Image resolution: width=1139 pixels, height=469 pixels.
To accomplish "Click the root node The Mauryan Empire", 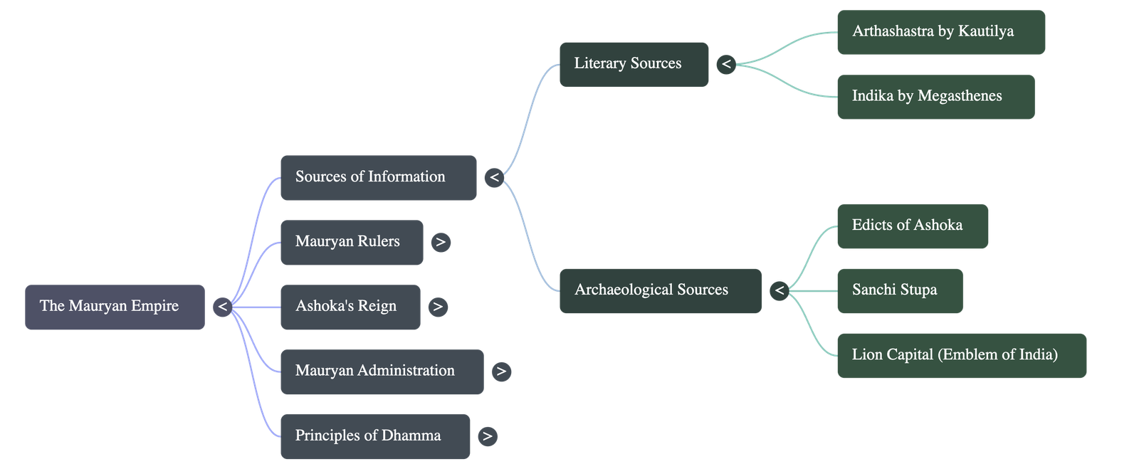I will pyautogui.click(x=115, y=307).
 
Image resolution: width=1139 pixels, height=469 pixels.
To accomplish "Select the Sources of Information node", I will pyautogui.click(x=378, y=177).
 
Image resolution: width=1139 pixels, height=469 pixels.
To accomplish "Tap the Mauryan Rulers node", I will pyautogui.click(x=352, y=242).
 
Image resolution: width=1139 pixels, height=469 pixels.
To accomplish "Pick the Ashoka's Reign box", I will pyautogui.click(x=350, y=307).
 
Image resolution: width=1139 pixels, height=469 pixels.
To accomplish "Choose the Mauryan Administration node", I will pyautogui.click(x=382, y=371).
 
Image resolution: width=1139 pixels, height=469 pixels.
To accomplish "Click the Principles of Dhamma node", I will pyautogui.click(x=375, y=436).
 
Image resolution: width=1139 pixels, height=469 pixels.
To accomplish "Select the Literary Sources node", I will pyautogui.click(x=634, y=64).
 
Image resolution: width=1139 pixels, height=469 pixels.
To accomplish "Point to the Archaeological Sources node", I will pyautogui.click(x=660, y=290).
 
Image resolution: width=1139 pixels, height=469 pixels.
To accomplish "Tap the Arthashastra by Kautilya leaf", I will pyautogui.click(x=940, y=32).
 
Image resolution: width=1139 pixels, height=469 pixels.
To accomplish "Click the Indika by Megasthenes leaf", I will pyautogui.click(x=935, y=97).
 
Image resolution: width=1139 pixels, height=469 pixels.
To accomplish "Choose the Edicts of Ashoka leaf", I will pyautogui.click(x=912, y=226).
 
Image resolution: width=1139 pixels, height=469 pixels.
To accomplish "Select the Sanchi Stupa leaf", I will pyautogui.click(x=899, y=290).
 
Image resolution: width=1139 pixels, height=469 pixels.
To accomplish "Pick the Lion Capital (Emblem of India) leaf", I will pyautogui.click(x=961, y=355).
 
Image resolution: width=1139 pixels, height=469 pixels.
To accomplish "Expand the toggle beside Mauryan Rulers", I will pyautogui.click(x=441, y=242).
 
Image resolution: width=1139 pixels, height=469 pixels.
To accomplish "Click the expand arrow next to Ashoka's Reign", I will pyautogui.click(x=438, y=307).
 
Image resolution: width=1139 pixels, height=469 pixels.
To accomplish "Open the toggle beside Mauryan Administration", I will pyautogui.click(x=501, y=371).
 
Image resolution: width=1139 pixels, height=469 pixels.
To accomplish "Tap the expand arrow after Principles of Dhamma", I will pyautogui.click(x=488, y=436).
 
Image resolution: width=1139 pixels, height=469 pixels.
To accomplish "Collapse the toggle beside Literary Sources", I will pyautogui.click(x=726, y=64).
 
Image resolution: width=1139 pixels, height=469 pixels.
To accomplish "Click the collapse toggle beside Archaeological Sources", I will pyautogui.click(x=780, y=290).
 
